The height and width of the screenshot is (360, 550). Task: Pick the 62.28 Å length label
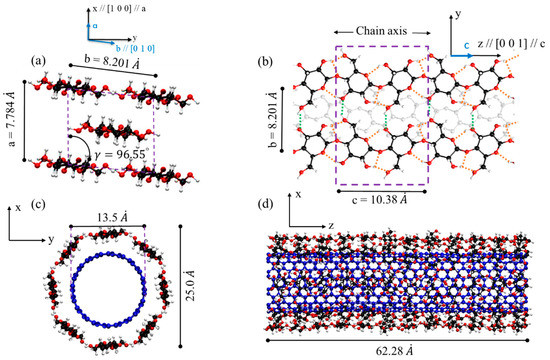pyautogui.click(x=413, y=347)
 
